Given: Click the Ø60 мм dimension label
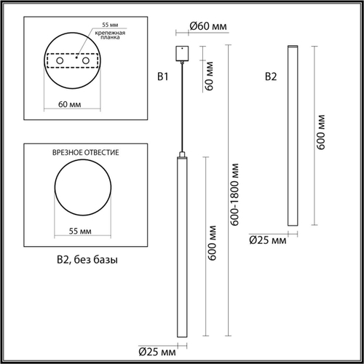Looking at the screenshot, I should [x=208, y=27].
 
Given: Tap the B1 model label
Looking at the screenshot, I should [x=163, y=76].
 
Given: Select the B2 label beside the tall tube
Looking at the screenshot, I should [x=270, y=76].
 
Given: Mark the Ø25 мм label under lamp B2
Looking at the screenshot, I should [x=267, y=239].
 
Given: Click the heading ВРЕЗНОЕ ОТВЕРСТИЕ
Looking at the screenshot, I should [x=86, y=154].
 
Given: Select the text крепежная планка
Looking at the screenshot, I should [x=107, y=37].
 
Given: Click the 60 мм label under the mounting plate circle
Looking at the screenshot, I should [x=69, y=105].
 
